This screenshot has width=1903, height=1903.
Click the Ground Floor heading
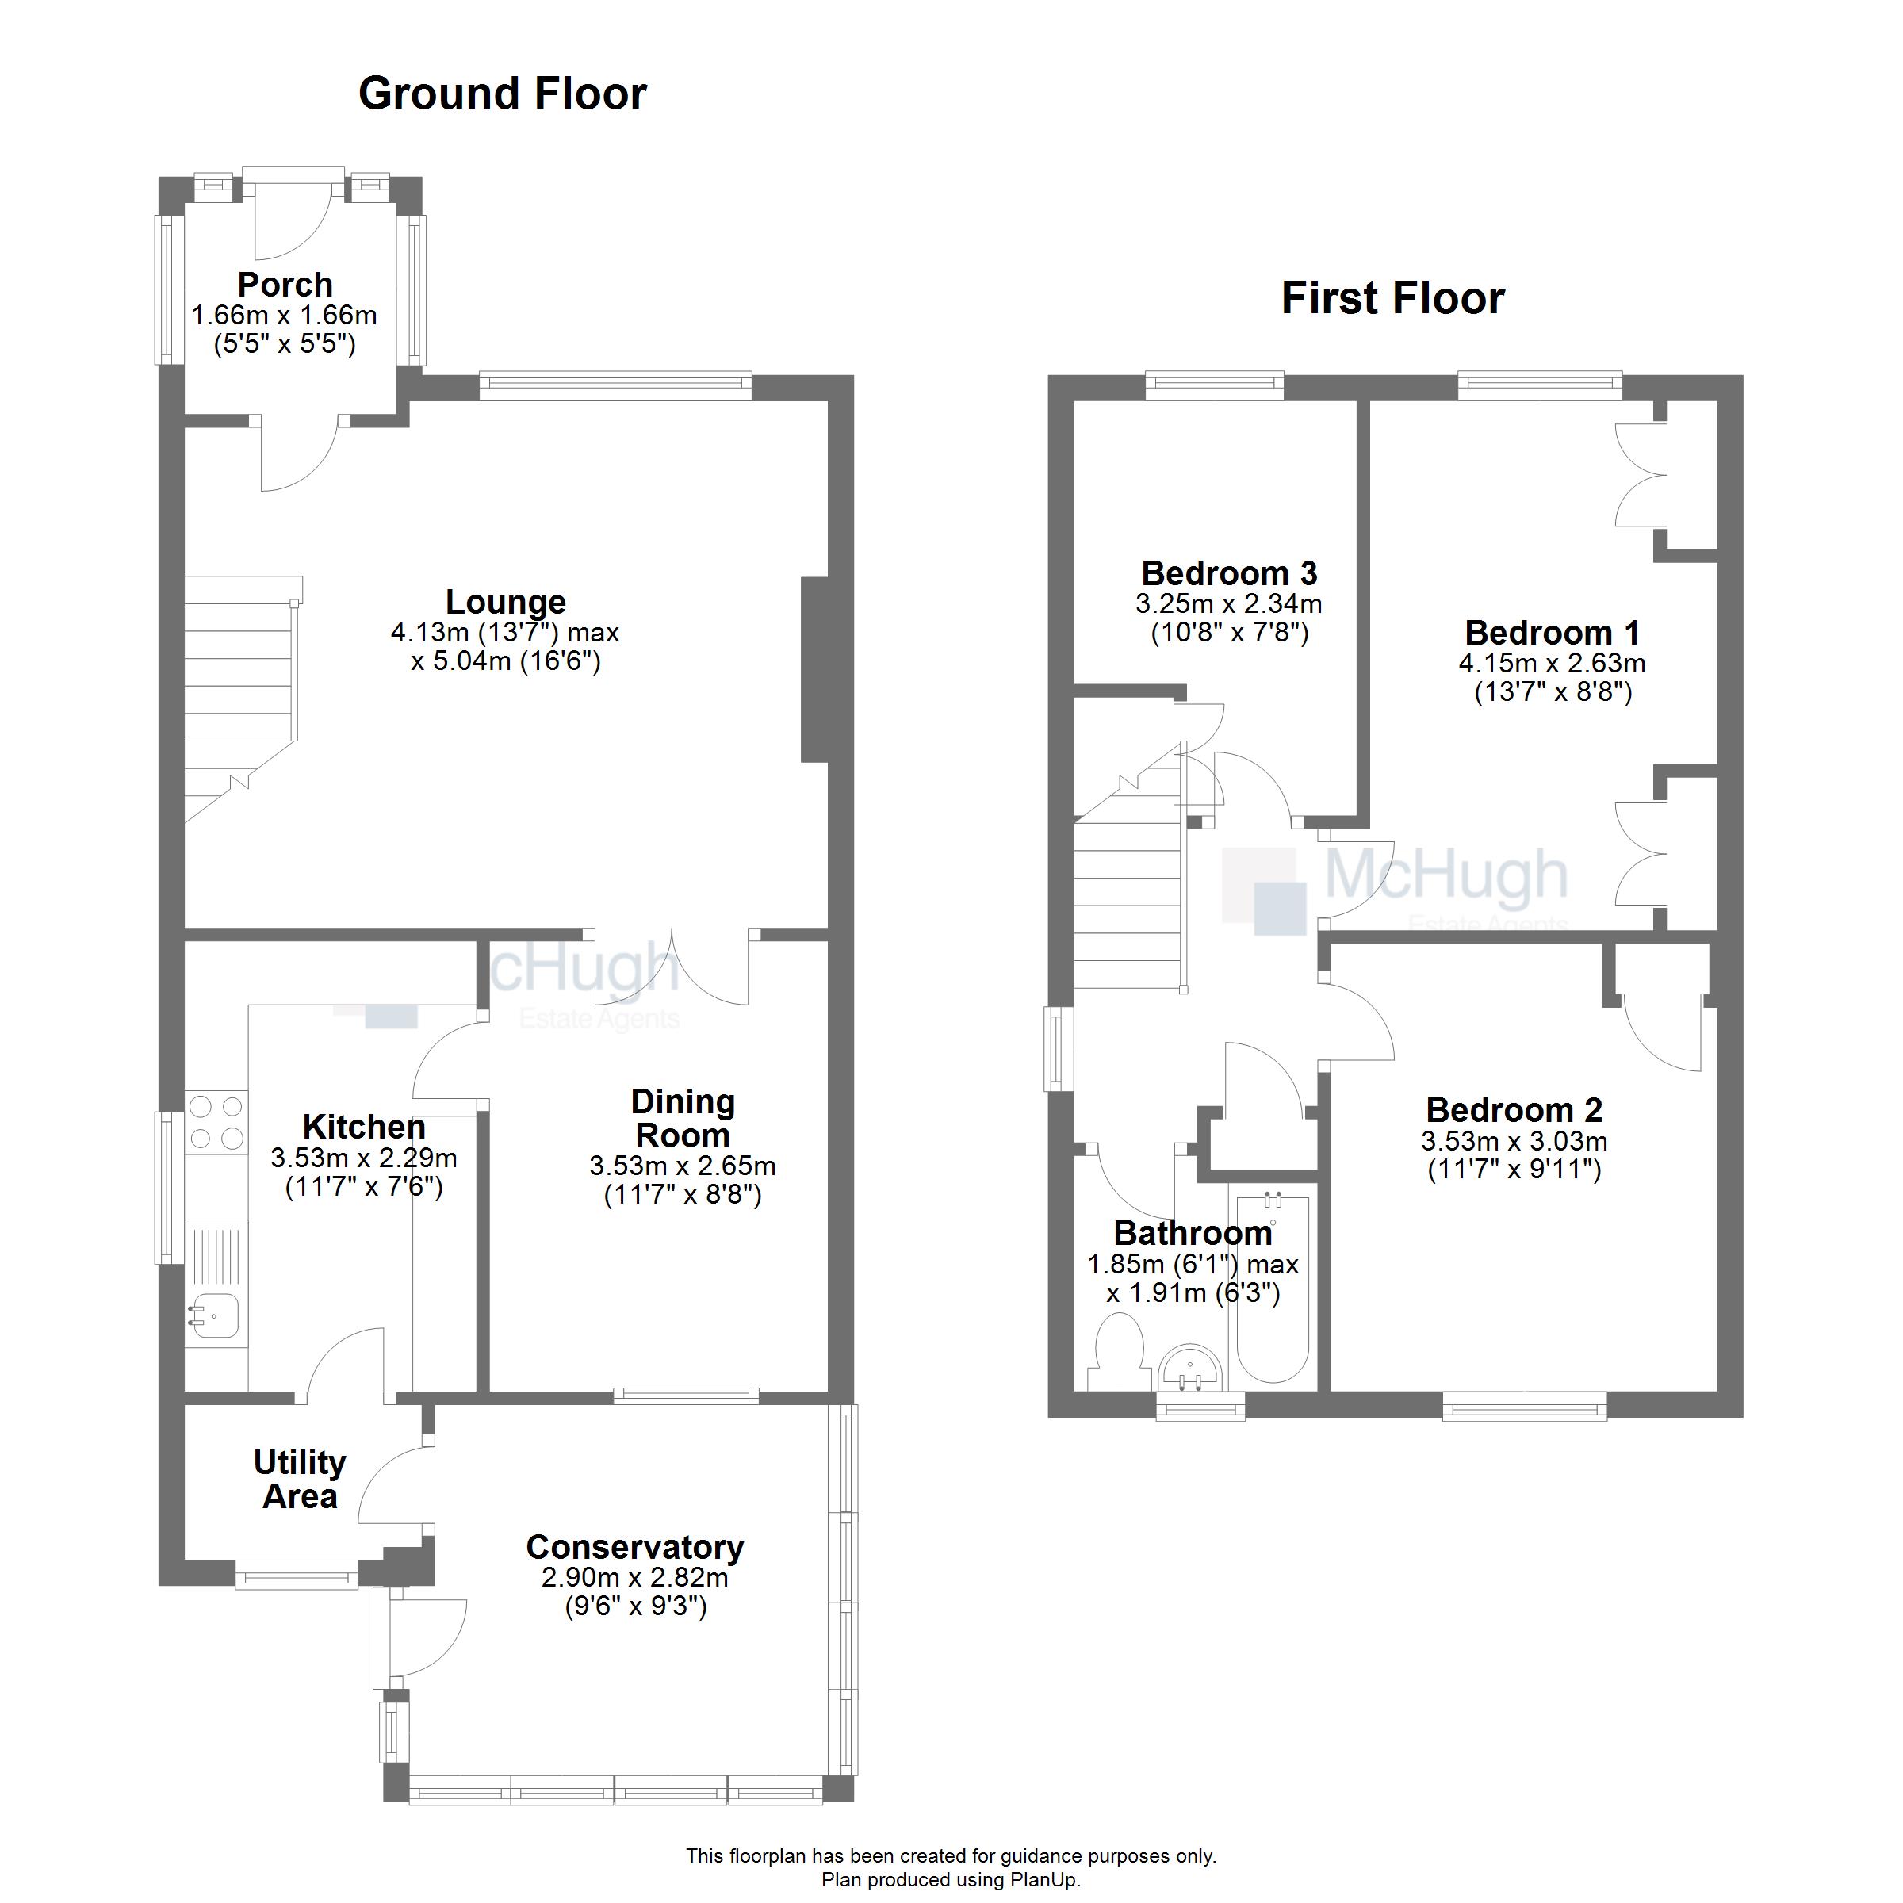coord(503,94)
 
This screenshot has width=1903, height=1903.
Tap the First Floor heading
coord(1393,298)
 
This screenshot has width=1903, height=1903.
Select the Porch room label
coord(285,285)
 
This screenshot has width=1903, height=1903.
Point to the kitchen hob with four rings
coord(216,1122)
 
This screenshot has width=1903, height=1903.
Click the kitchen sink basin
coord(215,1316)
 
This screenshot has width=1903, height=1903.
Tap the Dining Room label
coord(683,1118)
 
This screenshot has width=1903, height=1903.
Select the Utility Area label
coord(300,1480)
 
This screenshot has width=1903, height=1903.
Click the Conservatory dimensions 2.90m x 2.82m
coord(634,1577)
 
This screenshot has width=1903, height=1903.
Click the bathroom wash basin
coord(1192,1368)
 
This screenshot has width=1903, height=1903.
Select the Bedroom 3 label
coord(1229,572)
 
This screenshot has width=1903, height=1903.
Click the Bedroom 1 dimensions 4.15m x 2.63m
coord(1553,663)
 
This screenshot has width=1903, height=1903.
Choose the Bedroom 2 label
coord(1514,1110)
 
